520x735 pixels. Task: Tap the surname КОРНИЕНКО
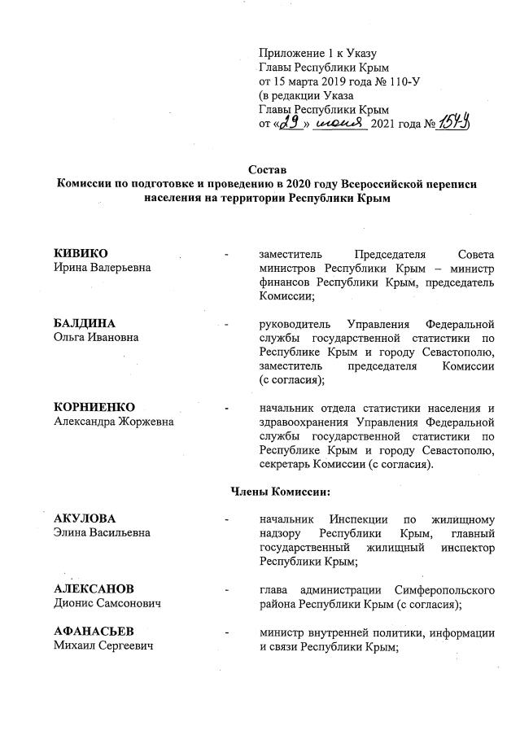[94, 407]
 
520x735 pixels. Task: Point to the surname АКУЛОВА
[85, 518]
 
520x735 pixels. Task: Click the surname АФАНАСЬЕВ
[94, 632]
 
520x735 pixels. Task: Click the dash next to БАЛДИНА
[227, 324]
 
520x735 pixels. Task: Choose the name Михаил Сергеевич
[103, 645]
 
